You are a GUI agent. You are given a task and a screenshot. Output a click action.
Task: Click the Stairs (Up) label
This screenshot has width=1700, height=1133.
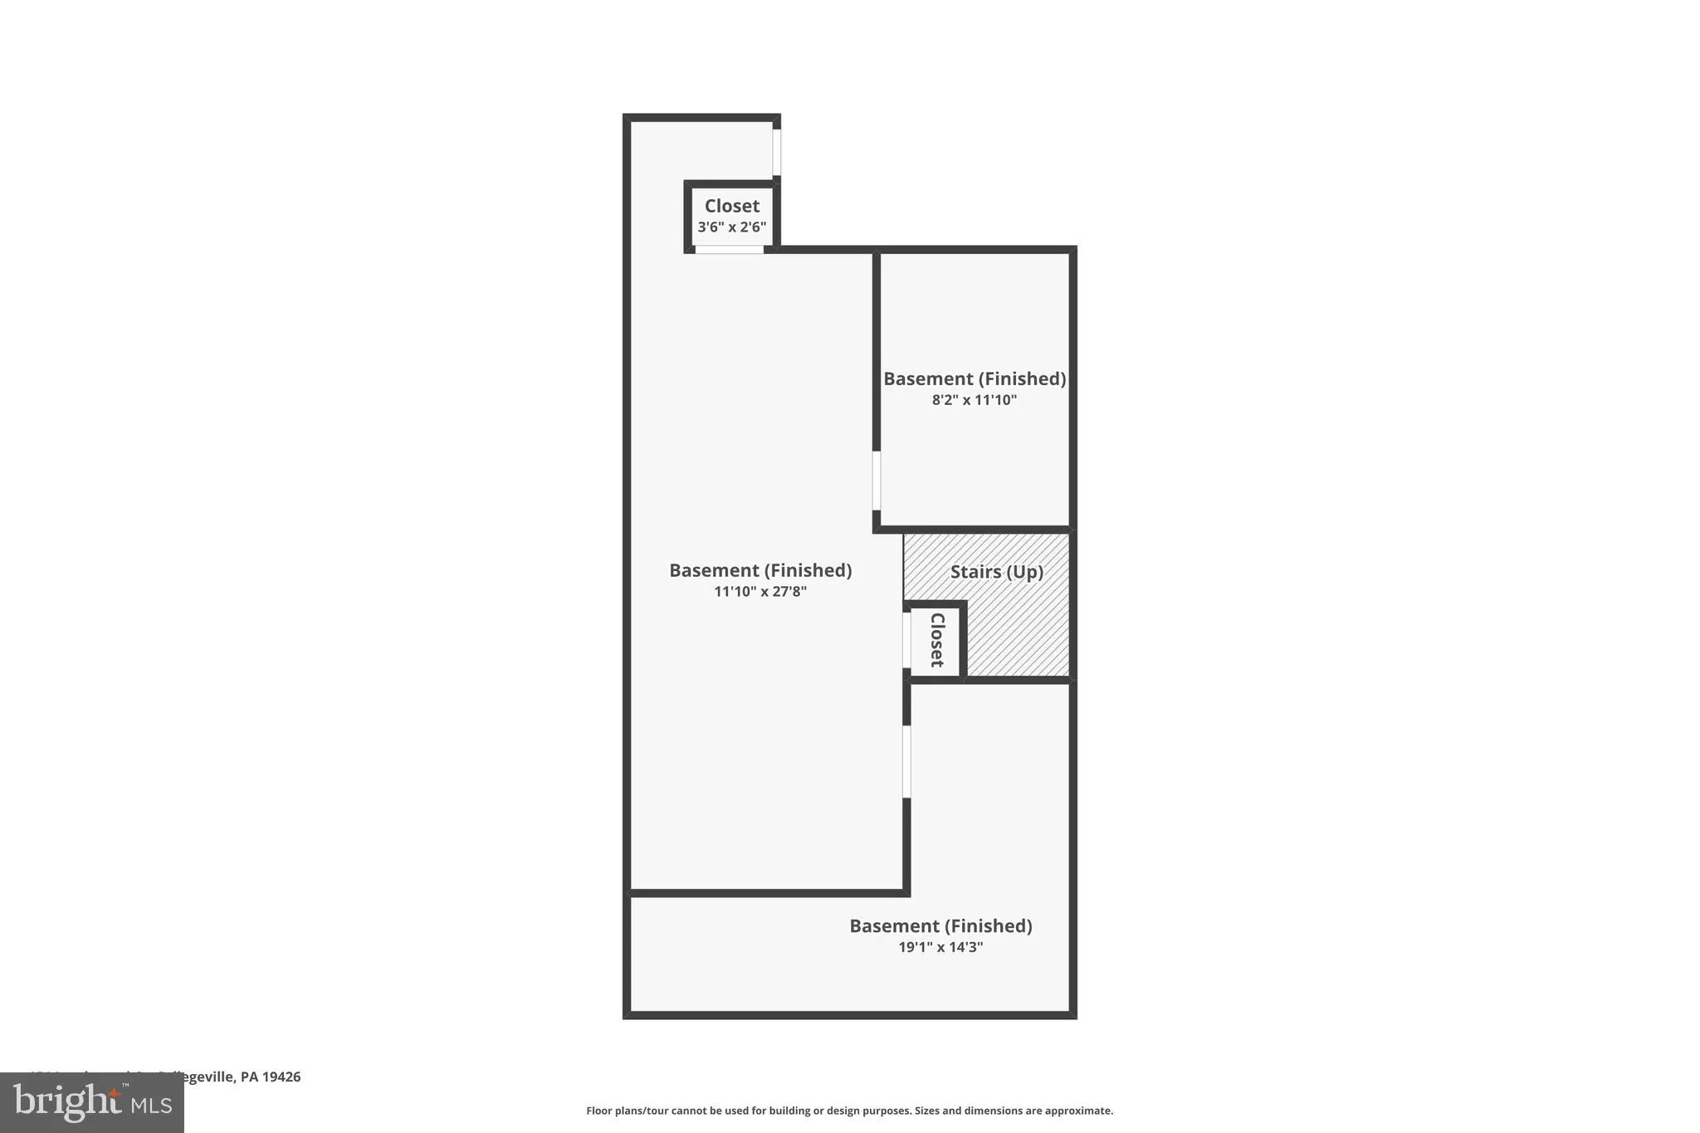coord(996,572)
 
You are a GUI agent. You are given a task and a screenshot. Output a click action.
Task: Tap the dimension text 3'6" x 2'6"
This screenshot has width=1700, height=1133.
coord(731,227)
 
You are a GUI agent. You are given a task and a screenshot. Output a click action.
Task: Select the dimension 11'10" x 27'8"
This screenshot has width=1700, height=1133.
coord(760,592)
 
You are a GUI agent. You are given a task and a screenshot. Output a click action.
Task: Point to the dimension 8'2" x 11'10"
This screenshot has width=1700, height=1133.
coord(974,400)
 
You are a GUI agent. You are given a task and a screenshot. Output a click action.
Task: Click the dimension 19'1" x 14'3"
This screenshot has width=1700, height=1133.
coord(940,947)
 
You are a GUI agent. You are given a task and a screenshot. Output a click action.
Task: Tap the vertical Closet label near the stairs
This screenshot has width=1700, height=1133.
coord(937,640)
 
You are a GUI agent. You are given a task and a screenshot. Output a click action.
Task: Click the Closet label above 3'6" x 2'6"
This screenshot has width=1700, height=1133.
coord(731,206)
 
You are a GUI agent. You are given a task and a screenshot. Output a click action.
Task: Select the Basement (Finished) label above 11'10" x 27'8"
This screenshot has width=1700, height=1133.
coord(760,570)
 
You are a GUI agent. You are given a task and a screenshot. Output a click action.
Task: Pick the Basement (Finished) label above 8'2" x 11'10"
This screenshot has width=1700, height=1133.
coord(974,378)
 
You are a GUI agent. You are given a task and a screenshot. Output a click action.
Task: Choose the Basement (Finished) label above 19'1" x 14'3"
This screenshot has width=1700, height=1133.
coord(940,925)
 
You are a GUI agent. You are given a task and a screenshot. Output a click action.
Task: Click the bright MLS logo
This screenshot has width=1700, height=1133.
coord(92,1102)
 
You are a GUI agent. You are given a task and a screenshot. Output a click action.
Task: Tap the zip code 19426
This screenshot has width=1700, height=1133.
coord(281,1077)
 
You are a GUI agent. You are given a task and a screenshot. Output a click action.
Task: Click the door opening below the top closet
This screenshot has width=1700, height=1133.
coord(729,250)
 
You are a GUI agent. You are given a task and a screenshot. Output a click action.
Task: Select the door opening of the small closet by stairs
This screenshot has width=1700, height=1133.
coord(906,640)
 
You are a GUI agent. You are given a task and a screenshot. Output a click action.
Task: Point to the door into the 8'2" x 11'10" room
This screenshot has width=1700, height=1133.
coord(877,481)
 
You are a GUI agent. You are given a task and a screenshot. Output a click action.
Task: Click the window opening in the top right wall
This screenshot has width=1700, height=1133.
coord(777,152)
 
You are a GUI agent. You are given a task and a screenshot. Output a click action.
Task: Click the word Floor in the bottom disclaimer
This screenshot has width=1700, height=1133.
coord(598,1111)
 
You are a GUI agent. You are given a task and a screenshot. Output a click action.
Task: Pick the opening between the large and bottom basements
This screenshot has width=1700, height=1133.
coord(906,761)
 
